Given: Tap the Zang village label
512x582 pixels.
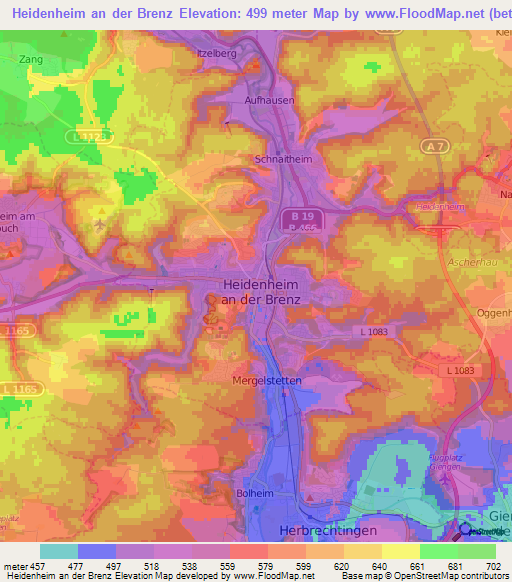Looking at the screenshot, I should coord(30,60).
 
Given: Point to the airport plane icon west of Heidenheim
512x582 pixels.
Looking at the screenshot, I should coord(100,225).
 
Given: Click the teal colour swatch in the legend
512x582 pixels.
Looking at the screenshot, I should coord(59,551).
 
